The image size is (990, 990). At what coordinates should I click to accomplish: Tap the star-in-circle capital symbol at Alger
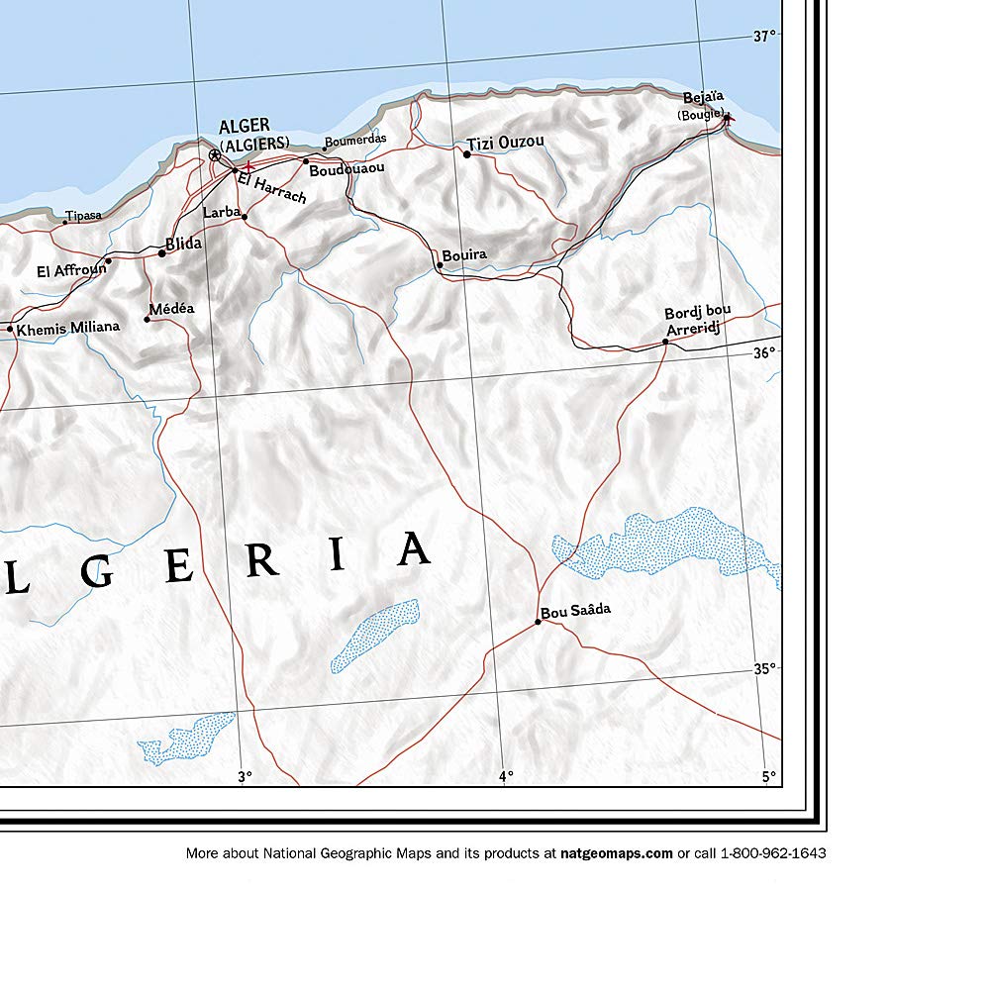(x=215, y=155)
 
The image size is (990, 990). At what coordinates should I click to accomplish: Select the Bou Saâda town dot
(x=538, y=622)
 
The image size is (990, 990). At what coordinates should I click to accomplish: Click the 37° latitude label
(x=764, y=37)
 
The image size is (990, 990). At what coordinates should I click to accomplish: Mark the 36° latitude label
(x=764, y=352)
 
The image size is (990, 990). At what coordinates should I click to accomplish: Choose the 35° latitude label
(x=764, y=668)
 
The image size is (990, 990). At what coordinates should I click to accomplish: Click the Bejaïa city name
(x=704, y=97)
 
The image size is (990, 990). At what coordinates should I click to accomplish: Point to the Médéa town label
(x=171, y=309)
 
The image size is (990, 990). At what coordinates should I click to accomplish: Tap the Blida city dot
(x=161, y=253)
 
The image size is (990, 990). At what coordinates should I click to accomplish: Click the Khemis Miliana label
(x=68, y=327)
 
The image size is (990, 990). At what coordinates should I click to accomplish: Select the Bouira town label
(x=464, y=254)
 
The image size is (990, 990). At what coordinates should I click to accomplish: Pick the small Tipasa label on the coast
(x=83, y=215)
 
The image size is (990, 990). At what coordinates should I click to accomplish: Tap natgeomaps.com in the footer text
(x=616, y=853)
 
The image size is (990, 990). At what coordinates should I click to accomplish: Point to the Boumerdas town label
(x=355, y=140)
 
